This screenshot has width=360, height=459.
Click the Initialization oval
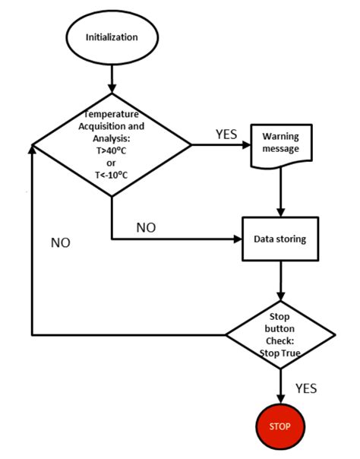click(112, 37)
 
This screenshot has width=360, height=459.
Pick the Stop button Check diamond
click(281, 333)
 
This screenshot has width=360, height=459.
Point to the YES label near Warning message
click(226, 134)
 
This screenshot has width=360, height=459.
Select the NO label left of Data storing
click(147, 227)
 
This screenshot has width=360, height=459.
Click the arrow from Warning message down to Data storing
click(281, 190)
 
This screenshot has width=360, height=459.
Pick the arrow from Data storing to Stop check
click(281, 280)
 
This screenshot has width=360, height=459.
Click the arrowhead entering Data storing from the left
click(235, 239)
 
